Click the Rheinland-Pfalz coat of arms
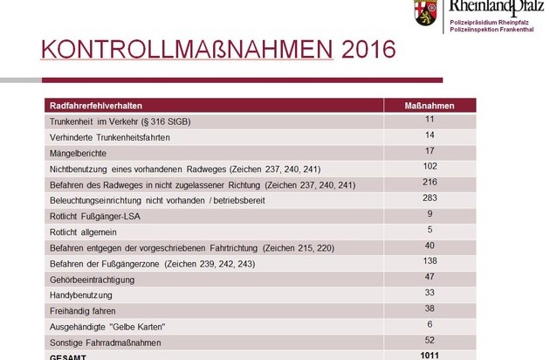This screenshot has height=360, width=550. coord(425,12)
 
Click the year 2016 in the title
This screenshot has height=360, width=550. coord(368,49)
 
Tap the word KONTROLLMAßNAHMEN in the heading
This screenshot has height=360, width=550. coord(187,49)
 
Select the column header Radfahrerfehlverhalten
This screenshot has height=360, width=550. coord(96,106)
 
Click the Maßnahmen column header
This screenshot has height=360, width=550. coord(430,106)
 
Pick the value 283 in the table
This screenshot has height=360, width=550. coord(430,197)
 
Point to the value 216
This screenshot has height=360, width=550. coord(430,182)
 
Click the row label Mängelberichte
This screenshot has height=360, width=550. coord(78,154)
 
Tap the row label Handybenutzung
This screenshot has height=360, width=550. coord(81,295)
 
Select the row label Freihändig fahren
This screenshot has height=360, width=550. coord(82,311)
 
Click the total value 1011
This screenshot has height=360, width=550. coord(430,356)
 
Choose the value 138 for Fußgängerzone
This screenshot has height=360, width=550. coord(430,260)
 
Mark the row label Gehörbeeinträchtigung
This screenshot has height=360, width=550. coord(92,280)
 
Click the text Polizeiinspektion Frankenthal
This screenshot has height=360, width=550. coord(492,30)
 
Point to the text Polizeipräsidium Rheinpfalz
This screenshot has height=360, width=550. coord(489,23)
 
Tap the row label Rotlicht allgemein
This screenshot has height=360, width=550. coord(83,232)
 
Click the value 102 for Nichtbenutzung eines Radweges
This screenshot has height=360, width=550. coord(430,166)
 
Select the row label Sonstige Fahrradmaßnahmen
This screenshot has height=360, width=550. coord(106,343)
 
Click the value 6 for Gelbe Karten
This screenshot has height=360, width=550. coord(430,324)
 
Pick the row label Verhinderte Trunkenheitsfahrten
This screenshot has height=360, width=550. coord(110,138)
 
